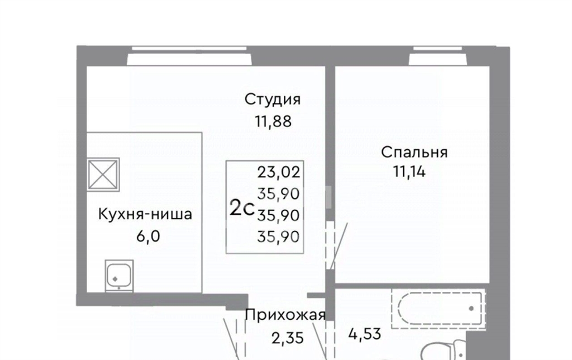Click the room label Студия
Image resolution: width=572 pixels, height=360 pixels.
(273, 100)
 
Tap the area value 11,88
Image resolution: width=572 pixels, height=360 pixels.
(273, 121)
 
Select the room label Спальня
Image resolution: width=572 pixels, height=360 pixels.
(414, 152)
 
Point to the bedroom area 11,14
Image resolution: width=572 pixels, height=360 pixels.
(409, 171)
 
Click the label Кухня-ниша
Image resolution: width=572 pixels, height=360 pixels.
(145, 214)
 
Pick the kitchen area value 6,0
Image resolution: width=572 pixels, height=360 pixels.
(148, 236)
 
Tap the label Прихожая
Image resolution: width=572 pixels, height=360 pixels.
(285, 315)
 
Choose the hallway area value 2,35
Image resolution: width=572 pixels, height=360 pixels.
(288, 338)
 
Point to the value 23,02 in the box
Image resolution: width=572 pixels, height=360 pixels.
(279, 172)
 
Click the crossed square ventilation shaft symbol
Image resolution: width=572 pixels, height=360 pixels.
(103, 175)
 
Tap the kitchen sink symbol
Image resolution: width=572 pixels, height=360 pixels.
(119, 276)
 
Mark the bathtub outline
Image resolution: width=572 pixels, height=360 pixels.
(439, 309)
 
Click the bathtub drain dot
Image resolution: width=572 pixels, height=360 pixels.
(471, 309)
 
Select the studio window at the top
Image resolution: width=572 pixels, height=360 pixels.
(189, 56)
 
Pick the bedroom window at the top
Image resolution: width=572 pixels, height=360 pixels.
(438, 56)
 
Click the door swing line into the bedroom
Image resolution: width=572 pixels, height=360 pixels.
(339, 246)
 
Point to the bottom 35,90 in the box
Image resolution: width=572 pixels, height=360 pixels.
(278, 237)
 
